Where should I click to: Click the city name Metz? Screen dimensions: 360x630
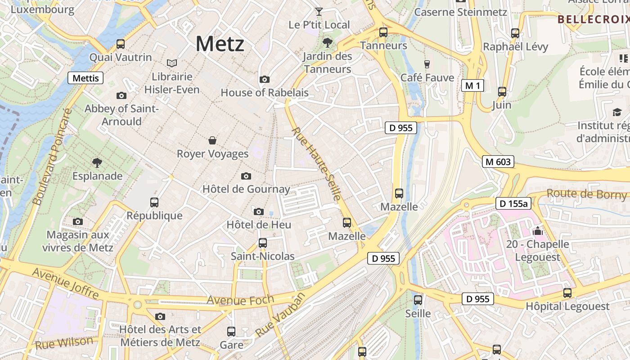(220, 44)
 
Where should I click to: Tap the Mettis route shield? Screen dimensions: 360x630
(85, 78)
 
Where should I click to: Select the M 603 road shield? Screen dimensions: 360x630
(498, 162)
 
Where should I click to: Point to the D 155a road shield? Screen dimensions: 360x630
(513, 203)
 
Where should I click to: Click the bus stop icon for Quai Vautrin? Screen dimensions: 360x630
(121, 44)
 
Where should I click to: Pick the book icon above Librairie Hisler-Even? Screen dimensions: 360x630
(172, 63)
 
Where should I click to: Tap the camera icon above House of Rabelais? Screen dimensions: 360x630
(265, 80)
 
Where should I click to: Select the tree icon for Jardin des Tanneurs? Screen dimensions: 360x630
(327, 43)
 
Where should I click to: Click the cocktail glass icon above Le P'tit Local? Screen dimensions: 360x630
(319, 12)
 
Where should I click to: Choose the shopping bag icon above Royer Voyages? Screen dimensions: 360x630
(212, 141)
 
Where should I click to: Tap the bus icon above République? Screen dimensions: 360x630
(154, 202)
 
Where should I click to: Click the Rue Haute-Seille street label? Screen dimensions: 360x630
(316, 164)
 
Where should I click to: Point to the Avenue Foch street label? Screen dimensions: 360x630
(240, 300)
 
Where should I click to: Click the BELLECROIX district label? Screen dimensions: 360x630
(593, 19)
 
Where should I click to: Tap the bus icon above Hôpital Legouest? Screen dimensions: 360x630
(567, 293)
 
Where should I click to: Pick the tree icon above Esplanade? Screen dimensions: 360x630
(97, 162)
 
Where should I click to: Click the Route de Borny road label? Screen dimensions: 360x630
(586, 194)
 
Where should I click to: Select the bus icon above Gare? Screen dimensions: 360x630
(231, 332)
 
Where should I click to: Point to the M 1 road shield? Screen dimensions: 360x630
(472, 85)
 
